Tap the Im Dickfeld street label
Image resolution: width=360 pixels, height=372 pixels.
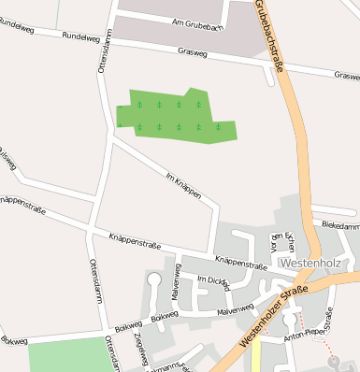[x=213, y=281]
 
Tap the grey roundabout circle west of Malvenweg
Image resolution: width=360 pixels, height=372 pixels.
[x=154, y=279]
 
